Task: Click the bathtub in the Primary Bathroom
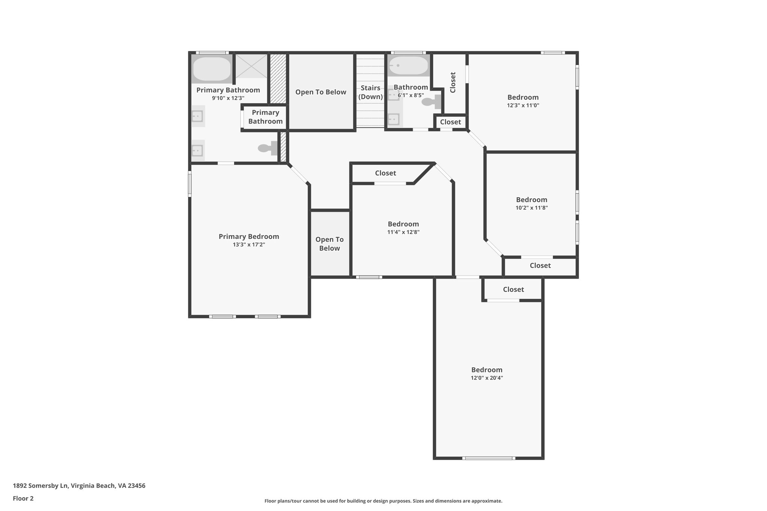212,69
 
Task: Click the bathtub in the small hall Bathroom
408,66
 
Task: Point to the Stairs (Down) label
370,92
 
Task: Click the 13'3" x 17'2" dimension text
249,245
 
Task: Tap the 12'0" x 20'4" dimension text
486,378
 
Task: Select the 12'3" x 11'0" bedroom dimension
523,106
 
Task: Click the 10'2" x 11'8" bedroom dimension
531,208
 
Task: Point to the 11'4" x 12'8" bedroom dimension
403,232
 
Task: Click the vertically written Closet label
453,82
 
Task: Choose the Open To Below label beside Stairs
321,92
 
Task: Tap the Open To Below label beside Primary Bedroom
329,244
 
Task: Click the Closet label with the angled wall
385,173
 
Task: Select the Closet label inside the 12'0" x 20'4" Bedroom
513,289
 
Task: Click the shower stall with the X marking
251,66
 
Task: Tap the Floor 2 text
23,498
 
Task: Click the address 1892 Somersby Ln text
79,486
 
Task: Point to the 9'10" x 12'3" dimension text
228,98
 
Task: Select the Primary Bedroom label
249,237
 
